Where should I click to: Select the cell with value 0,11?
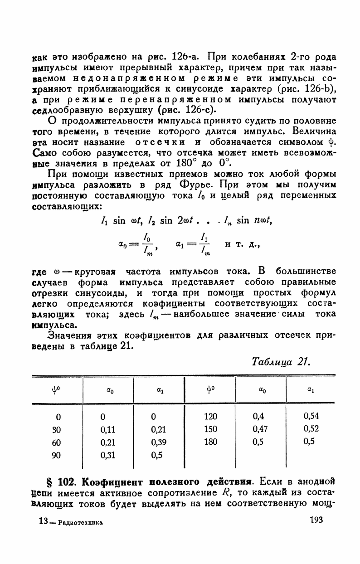tap(108, 429)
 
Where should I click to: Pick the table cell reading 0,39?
tap(157, 442)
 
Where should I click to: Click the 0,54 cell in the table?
tap(311, 416)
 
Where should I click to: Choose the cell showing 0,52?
tap(311, 429)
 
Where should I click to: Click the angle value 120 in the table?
tap(210, 416)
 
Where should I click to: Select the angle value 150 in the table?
tap(210, 429)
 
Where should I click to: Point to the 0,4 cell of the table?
tap(258, 416)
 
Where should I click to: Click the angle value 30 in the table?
tap(56, 429)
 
